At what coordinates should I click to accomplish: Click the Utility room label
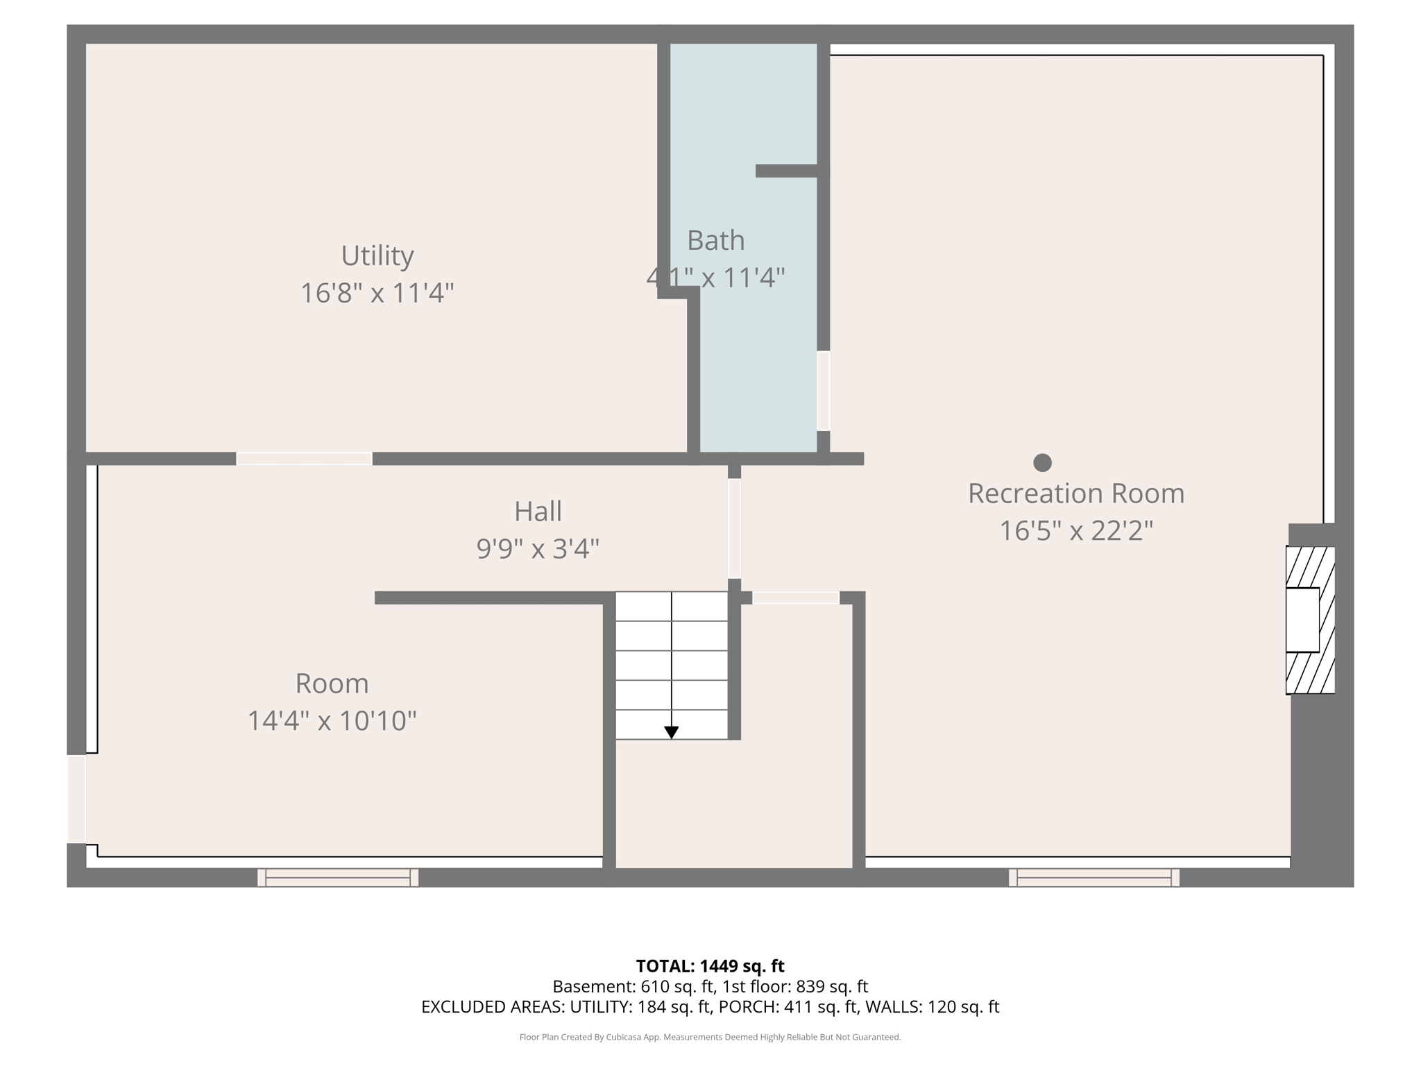click(x=377, y=256)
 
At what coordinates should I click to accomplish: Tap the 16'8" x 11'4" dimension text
click(x=377, y=293)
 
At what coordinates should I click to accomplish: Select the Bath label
click(x=715, y=241)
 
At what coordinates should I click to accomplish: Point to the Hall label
click(x=538, y=511)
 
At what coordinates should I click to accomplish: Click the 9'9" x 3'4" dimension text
click(x=538, y=549)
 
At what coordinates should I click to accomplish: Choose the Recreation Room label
click(x=1075, y=493)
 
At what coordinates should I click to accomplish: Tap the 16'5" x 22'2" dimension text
click(x=1075, y=531)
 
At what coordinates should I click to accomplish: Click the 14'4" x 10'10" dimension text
click(x=332, y=720)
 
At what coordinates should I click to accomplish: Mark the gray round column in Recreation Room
click(x=1042, y=462)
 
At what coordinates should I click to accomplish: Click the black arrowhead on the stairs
click(x=671, y=732)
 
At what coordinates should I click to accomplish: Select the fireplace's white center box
click(x=1302, y=620)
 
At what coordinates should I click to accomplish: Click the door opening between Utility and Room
click(x=304, y=459)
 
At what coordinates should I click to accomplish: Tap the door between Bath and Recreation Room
click(x=824, y=391)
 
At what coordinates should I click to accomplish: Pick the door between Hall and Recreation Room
click(x=734, y=529)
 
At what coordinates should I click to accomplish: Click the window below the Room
click(x=338, y=878)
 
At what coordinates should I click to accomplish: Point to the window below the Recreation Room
click(x=1094, y=878)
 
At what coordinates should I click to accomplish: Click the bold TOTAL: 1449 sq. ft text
click(x=710, y=966)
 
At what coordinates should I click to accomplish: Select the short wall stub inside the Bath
click(x=787, y=171)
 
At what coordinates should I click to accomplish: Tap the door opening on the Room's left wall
click(x=76, y=799)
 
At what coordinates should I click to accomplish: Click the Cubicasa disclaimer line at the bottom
click(x=710, y=1038)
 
